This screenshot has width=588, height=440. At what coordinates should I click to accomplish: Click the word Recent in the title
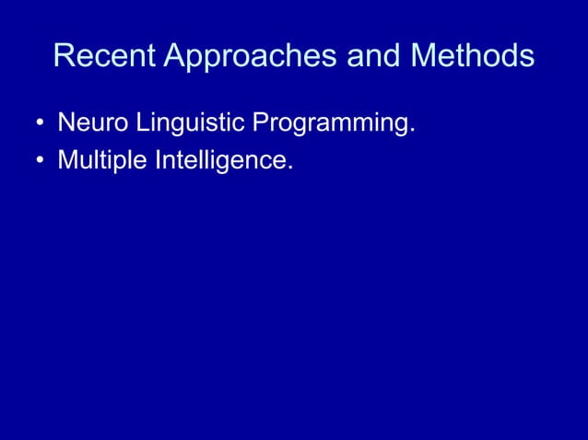[104, 56]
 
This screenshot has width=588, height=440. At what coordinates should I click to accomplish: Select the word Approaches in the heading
[251, 57]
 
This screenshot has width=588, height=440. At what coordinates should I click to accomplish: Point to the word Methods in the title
[472, 56]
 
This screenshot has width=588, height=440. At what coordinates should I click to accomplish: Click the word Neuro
[92, 122]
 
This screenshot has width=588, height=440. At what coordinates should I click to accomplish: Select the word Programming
[325, 123]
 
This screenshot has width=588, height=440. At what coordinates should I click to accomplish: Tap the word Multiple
[98, 161]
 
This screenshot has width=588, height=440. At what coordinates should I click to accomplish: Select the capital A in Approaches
[175, 56]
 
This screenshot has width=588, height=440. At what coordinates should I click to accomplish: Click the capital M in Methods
[425, 56]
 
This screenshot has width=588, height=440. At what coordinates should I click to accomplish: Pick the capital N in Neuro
[65, 122]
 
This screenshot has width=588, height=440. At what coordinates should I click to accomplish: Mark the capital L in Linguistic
[142, 122]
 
